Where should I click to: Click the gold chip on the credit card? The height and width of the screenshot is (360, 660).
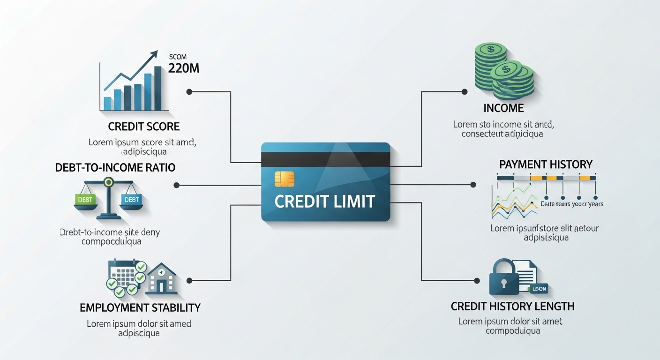point(285,179)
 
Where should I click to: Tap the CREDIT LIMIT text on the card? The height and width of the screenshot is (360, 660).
point(324,201)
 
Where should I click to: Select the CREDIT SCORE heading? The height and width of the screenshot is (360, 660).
point(144,127)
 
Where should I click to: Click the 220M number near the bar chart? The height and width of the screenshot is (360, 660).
point(183,69)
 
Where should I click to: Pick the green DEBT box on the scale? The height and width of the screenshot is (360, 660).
point(85,199)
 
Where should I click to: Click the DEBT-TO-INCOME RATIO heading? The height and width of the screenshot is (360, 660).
point(115,167)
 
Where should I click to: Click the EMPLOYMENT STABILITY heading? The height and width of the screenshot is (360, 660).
point(140,308)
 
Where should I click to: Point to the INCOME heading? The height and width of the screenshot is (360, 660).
point(503,108)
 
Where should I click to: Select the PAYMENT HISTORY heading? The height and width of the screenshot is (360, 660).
point(546,165)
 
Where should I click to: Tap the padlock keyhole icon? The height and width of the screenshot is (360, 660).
point(503,283)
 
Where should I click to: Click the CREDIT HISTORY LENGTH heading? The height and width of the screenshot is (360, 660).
point(512,307)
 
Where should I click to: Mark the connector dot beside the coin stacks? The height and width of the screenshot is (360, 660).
point(465,92)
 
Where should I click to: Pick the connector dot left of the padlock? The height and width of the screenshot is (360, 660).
point(477,281)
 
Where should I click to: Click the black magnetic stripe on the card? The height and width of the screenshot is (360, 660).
point(325,159)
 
